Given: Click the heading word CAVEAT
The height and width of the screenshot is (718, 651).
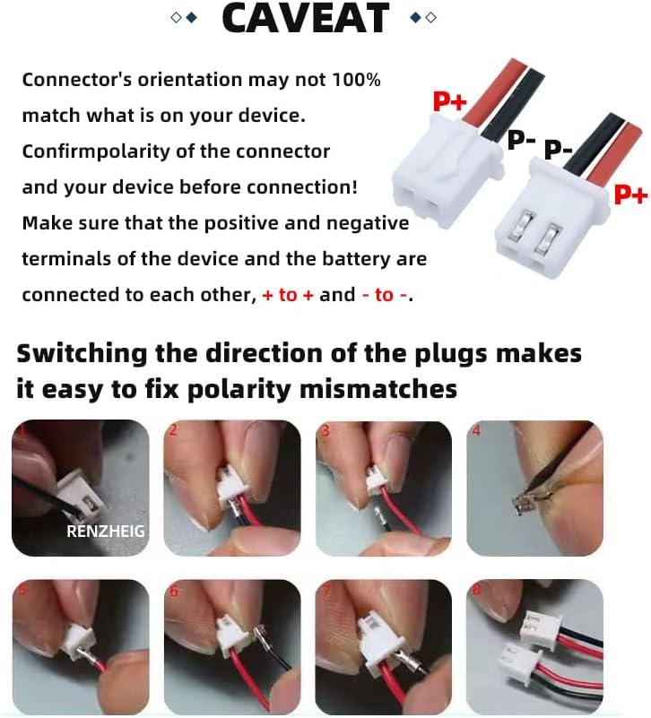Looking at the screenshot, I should pos(306,19).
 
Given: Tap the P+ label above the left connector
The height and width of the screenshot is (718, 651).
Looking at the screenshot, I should pos(450,101).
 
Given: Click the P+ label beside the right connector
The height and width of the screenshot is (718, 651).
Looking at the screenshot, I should pos(629,194).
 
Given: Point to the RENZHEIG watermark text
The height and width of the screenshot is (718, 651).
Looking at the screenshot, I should pos(105,531).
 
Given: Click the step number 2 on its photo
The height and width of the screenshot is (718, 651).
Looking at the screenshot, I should pos(174,431).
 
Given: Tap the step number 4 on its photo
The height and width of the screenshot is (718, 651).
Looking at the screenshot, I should pos(477,431).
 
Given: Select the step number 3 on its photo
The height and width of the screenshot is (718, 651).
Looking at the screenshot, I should pos(325,431).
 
